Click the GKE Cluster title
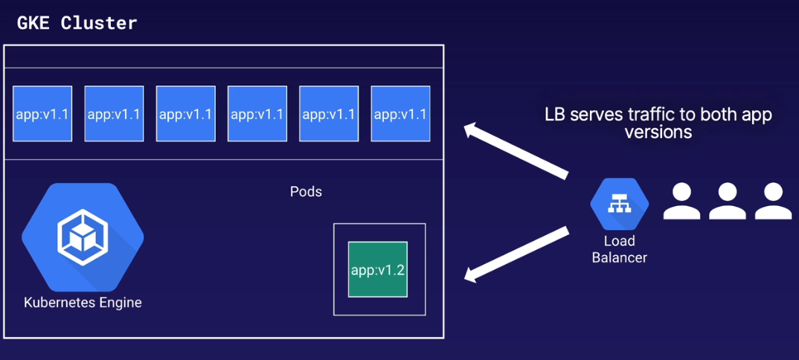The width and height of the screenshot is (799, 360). tap(77, 23)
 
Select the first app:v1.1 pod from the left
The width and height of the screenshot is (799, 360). tap(42, 114)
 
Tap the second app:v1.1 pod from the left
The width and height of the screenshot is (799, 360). tap(114, 114)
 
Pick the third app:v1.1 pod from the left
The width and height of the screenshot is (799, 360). tap(185, 114)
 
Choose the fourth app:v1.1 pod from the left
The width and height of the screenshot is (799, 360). tap(257, 114)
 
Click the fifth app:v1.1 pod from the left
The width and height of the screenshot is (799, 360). tap(329, 114)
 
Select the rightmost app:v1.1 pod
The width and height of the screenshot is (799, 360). tap(400, 114)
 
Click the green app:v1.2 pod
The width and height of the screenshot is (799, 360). tap(377, 269)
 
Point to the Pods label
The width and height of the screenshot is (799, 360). tap(306, 192)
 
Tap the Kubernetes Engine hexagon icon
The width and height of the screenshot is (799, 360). tap(83, 237)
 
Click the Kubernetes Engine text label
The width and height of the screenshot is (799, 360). tap(83, 303)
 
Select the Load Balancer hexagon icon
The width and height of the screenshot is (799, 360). tap(619, 205)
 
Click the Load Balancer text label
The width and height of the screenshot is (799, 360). tap(619, 249)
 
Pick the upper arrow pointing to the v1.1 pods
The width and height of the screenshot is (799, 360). tap(516, 152)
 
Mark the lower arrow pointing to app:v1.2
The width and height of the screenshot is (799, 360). tap(516, 254)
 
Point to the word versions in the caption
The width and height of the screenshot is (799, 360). tap(658, 132)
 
